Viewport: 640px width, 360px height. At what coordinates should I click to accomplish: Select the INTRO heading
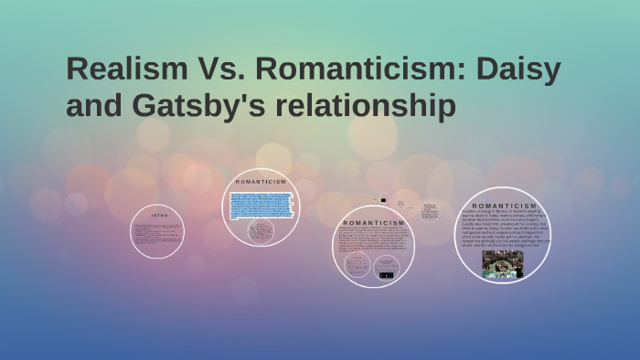pyautogui.click(x=160, y=215)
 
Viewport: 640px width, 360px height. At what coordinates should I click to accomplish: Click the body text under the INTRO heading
pyautogui.click(x=157, y=234)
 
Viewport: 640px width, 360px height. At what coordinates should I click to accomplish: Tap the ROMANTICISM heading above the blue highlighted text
pyautogui.click(x=261, y=182)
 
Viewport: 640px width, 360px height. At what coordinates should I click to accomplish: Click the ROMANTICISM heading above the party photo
pyautogui.click(x=504, y=206)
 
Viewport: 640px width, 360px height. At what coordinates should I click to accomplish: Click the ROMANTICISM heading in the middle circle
pyautogui.click(x=372, y=223)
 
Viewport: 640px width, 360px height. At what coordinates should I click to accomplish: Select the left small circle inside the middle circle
pyautogui.click(x=357, y=265)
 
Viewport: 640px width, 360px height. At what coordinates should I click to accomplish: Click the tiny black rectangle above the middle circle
pyautogui.click(x=383, y=200)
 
